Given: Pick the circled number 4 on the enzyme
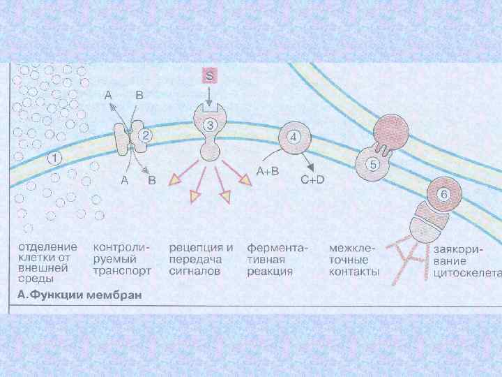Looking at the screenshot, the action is (294, 137).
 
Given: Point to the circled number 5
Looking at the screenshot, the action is (373, 165).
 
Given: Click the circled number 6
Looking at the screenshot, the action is (441, 193).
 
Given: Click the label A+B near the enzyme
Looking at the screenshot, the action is (268, 171).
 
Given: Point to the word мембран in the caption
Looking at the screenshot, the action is (116, 295).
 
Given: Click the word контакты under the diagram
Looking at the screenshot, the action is (353, 272).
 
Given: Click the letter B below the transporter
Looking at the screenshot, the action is (151, 180).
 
